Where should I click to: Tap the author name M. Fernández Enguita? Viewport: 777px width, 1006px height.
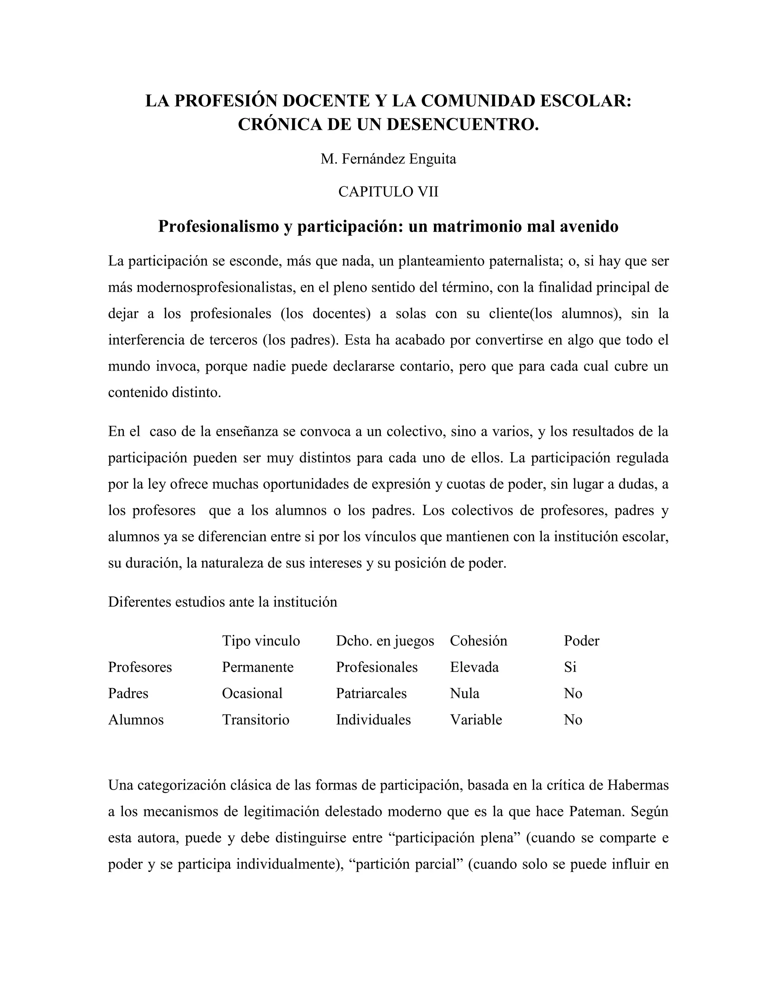point(388,159)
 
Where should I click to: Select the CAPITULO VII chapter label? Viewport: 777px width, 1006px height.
point(388,192)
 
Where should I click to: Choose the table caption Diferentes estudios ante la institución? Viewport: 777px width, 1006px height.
point(222,602)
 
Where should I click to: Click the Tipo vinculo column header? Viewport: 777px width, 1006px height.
point(261,641)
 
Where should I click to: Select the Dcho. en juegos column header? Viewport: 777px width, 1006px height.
point(385,641)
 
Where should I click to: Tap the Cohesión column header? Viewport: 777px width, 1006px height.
point(478,641)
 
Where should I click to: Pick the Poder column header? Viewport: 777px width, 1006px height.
point(581,641)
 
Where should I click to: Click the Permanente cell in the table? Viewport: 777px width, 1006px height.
point(257,667)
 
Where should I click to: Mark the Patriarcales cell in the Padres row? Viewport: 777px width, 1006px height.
point(371,693)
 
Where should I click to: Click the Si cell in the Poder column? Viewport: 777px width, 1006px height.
point(570,667)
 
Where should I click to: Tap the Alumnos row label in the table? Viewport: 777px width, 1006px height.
point(136,719)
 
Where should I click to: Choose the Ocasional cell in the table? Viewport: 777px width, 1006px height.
point(252,693)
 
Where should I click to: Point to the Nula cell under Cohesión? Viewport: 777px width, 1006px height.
point(464,693)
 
